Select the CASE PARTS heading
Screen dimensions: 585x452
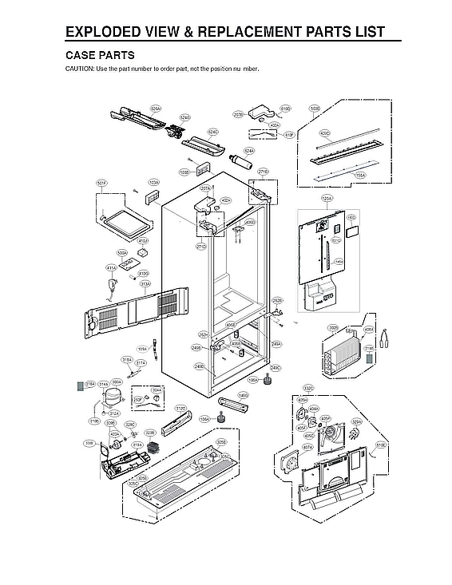[x=99, y=56]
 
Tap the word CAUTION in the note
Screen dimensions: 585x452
[x=79, y=69]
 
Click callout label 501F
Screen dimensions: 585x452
[x=101, y=183]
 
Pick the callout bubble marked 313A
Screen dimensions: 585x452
[x=145, y=283]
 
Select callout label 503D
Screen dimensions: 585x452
[x=315, y=108]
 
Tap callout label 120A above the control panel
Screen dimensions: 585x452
[x=327, y=198]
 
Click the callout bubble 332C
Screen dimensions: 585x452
[x=307, y=388]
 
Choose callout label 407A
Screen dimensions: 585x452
[x=307, y=448]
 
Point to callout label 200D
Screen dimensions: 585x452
[x=333, y=327]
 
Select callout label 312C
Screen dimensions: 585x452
[x=180, y=408]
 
